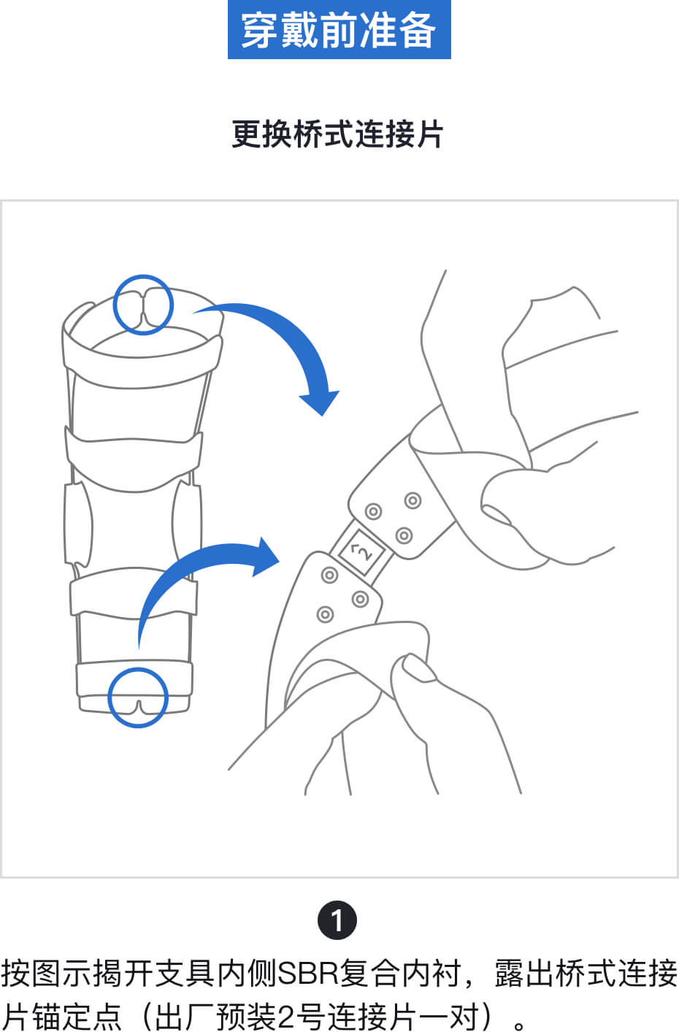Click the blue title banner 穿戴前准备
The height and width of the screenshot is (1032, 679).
click(339, 29)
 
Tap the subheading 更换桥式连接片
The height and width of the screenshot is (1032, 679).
click(337, 134)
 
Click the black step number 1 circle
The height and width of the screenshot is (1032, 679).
click(337, 920)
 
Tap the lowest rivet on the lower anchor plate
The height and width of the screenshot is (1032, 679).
click(325, 614)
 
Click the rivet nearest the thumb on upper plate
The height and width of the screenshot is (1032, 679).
click(413, 500)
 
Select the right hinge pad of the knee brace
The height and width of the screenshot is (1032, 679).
click(187, 524)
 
